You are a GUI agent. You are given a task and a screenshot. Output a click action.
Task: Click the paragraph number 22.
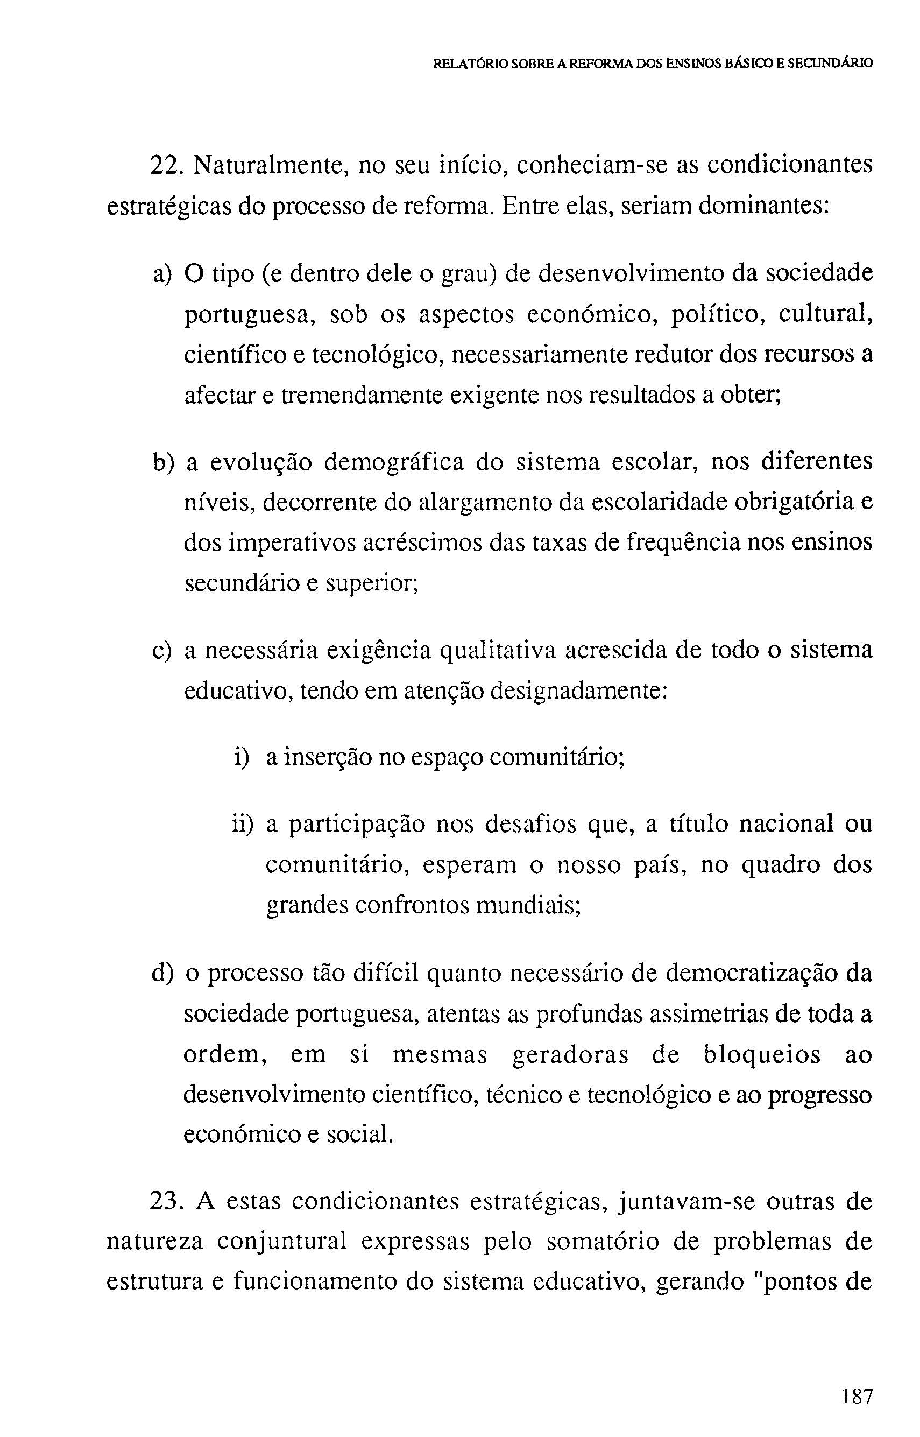(162, 166)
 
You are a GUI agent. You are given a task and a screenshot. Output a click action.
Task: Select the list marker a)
(162, 274)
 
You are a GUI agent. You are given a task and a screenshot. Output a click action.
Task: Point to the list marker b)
(162, 463)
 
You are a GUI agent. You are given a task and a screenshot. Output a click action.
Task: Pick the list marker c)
(162, 651)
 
